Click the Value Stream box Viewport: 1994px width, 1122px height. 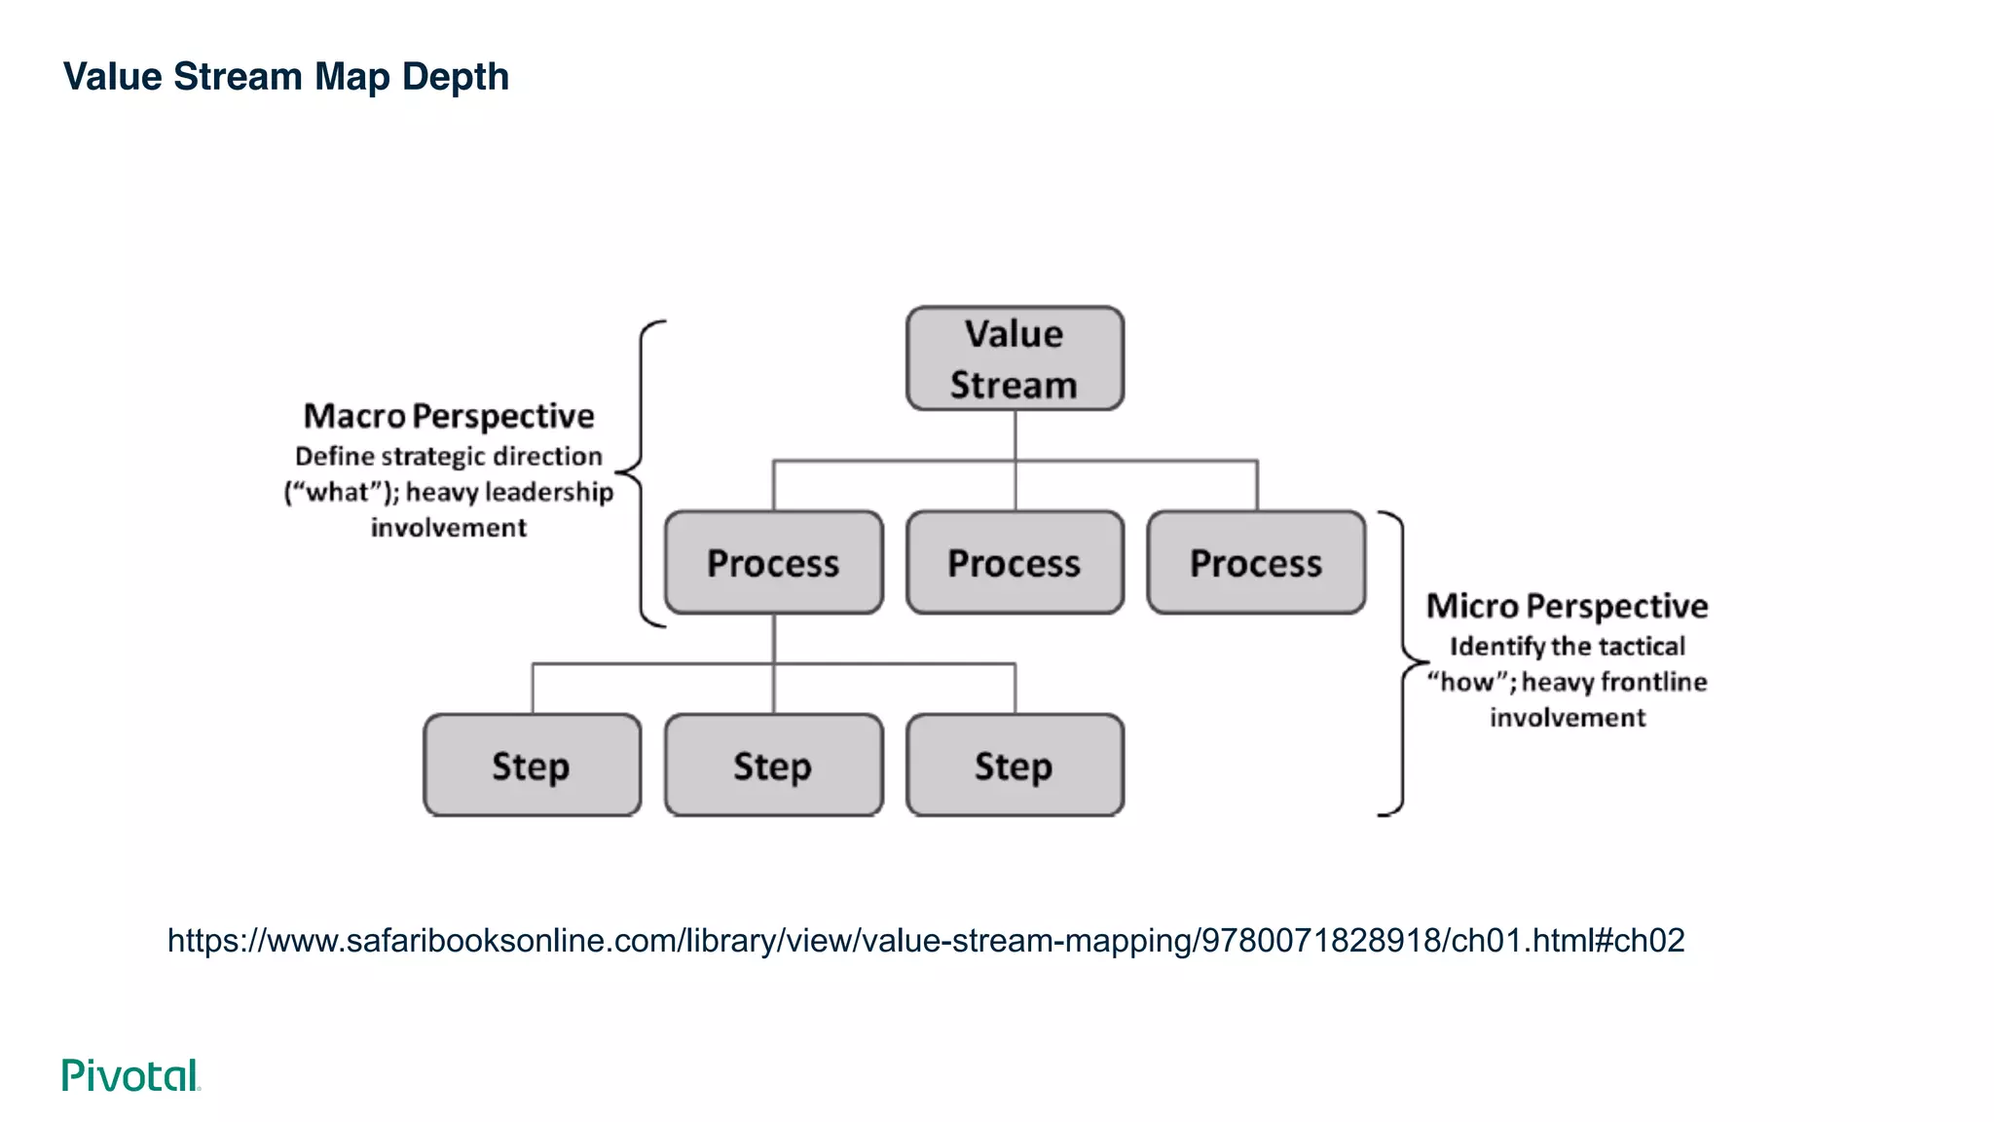1015,358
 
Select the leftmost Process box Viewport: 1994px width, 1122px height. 774,563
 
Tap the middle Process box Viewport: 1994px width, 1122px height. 1015,563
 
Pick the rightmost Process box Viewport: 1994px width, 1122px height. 1256,563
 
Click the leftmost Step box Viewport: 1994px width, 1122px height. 532,766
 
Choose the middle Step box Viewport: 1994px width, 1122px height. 774,766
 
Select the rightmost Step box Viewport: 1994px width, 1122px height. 1015,766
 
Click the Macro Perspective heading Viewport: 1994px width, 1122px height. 448,416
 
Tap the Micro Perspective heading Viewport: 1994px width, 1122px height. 1567,606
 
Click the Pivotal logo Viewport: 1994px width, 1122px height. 130,1075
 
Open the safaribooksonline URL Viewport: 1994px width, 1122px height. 925,940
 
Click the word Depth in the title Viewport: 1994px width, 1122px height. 456,77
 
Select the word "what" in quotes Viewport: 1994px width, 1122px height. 337,493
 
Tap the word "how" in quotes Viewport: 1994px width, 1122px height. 1466,682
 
